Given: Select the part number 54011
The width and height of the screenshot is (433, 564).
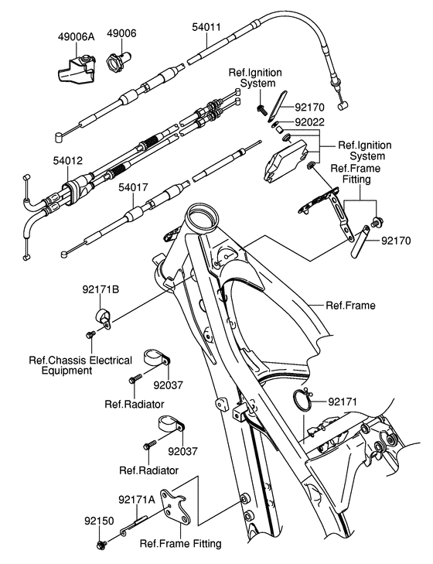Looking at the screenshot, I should tap(207, 27).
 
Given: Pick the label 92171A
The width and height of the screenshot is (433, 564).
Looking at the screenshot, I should tap(137, 500).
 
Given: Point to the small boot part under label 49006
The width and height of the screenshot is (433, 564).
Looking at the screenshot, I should tap(121, 58).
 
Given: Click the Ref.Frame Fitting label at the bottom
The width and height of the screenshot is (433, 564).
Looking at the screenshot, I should tap(180, 543).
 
